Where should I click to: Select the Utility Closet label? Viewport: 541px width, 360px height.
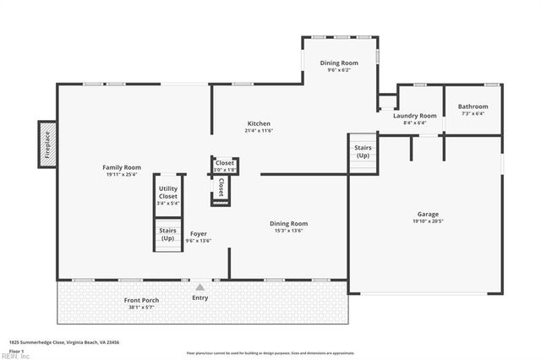click(167, 194)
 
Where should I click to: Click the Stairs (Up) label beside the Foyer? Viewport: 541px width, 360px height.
click(167, 234)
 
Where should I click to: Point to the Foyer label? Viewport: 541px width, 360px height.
click(199, 234)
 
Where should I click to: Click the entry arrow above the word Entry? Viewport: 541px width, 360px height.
click(199, 287)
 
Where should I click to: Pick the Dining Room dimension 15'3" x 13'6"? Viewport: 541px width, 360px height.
click(288, 231)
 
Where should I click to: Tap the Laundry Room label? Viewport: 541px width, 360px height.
click(415, 116)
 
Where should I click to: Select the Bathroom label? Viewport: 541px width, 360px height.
click(473, 106)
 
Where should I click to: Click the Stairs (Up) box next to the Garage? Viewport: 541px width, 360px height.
click(362, 152)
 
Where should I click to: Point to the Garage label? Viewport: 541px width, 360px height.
click(428, 214)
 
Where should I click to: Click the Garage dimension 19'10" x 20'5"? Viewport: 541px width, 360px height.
click(428, 221)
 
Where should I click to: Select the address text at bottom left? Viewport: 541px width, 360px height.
click(64, 342)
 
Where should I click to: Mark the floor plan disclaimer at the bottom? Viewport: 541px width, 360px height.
click(270, 352)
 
